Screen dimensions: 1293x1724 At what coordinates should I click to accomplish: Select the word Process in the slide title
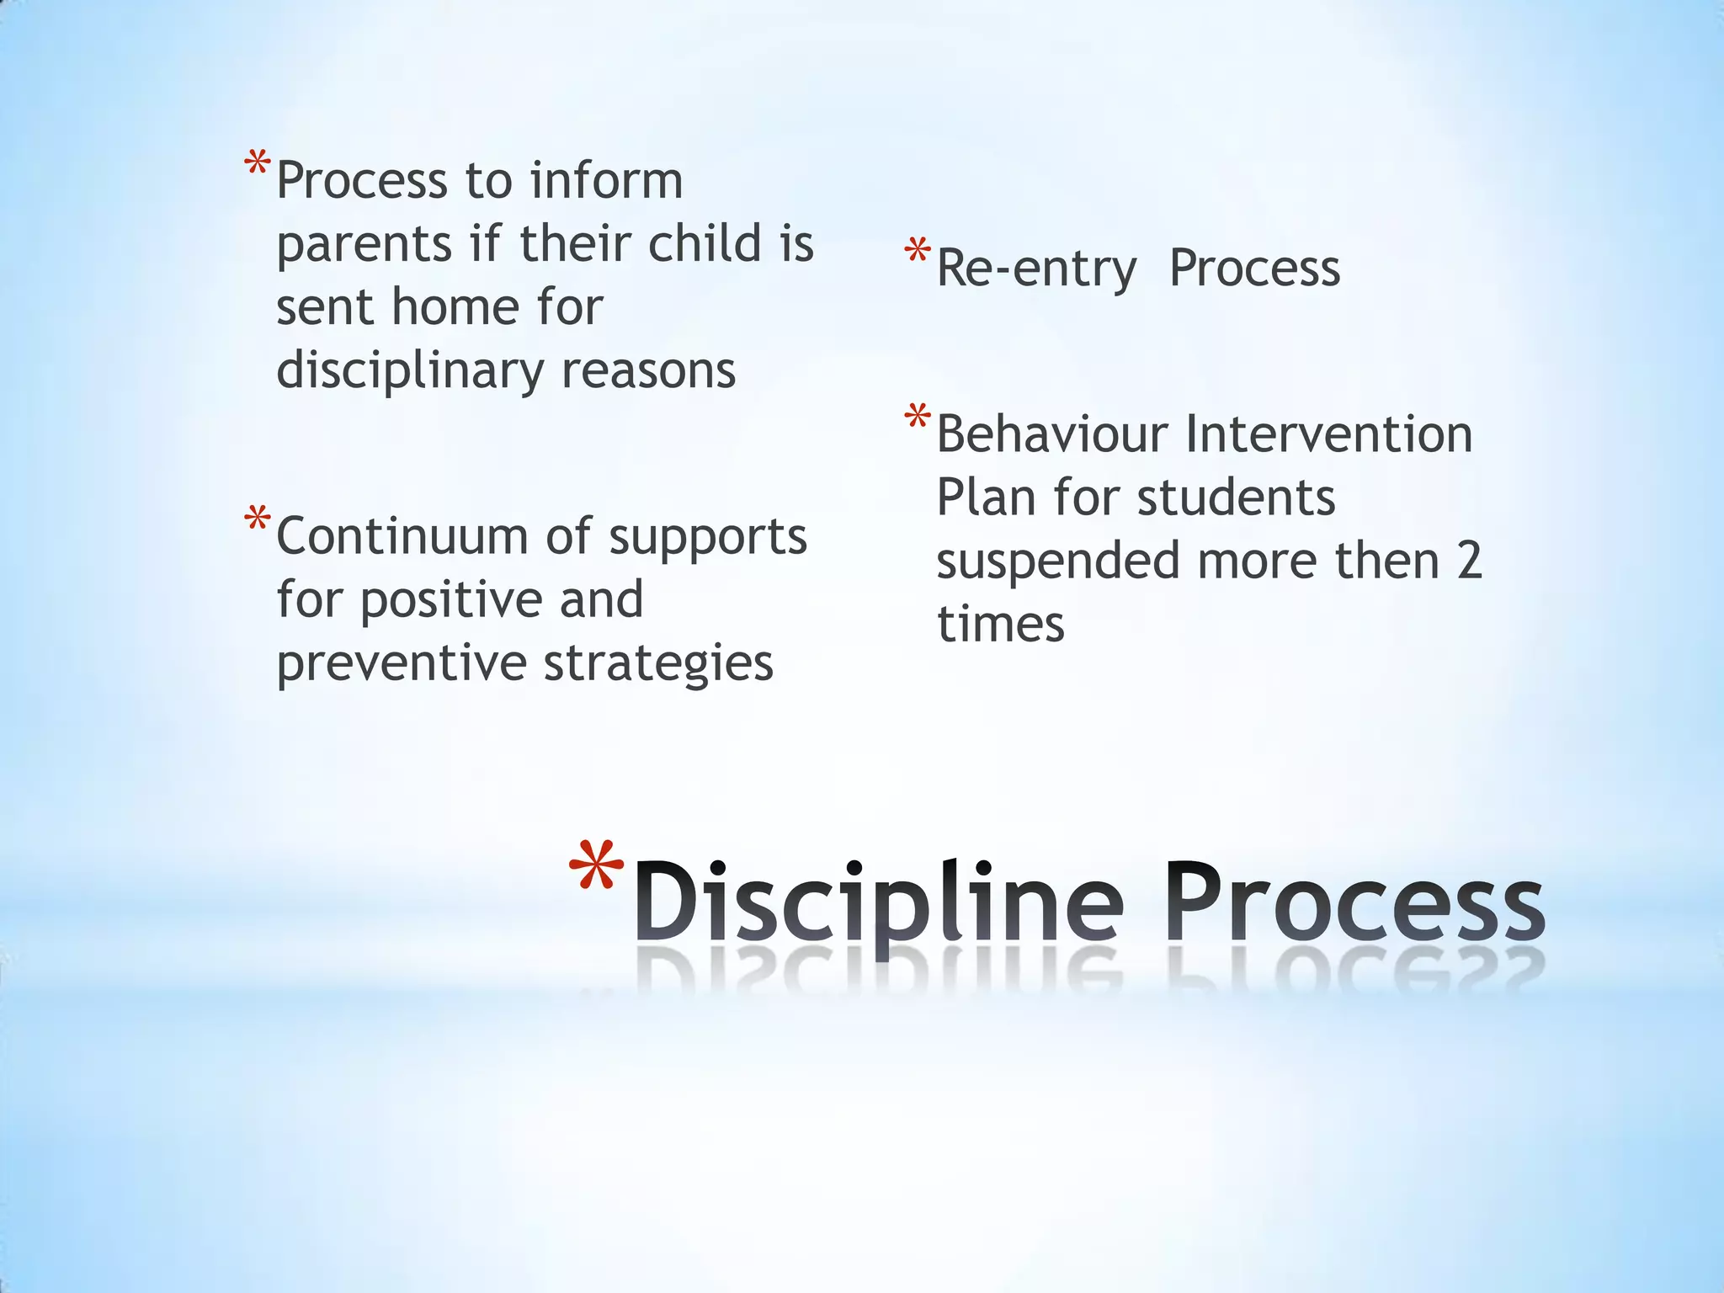click(x=1355, y=902)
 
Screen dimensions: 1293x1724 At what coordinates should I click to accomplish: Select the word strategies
click(x=658, y=664)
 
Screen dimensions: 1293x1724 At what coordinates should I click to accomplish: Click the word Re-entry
click(x=1036, y=269)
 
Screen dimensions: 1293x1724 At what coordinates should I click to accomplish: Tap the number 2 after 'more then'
click(x=1469, y=561)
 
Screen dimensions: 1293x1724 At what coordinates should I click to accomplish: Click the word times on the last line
click(x=1000, y=625)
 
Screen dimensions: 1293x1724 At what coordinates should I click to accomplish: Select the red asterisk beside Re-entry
click(x=917, y=252)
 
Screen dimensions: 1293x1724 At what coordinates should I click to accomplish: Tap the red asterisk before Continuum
click(x=257, y=519)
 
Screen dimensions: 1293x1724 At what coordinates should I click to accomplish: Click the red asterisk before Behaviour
click(x=917, y=418)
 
